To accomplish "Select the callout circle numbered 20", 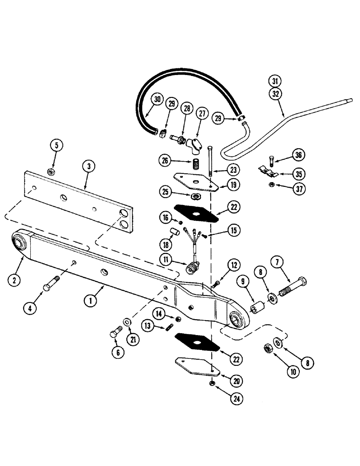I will (237, 381).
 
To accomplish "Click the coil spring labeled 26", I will (196, 165).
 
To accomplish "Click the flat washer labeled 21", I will (126, 322).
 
